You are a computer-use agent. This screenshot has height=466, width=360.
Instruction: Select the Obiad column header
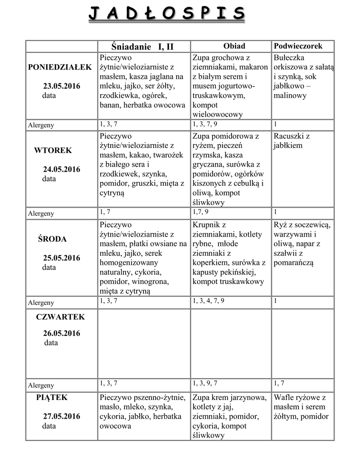click(234, 46)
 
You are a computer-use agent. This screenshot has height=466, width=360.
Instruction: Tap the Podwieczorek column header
click(298, 46)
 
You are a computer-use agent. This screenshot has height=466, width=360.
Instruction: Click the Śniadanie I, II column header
click(142, 46)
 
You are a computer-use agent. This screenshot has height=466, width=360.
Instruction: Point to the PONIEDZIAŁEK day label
click(60, 67)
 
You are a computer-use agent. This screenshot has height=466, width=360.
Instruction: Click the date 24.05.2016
click(61, 169)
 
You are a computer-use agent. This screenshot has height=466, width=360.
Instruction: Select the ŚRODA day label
click(52, 239)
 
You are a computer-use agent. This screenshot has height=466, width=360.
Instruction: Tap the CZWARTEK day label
click(61, 317)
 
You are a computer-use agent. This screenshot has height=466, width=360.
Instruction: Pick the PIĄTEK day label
click(52, 397)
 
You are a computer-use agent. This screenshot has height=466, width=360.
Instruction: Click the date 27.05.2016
click(61, 416)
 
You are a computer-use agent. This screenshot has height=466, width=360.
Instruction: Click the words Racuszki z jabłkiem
click(292, 141)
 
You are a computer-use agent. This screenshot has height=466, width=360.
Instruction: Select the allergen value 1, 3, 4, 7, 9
click(208, 301)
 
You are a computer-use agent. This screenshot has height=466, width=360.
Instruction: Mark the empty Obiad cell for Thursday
click(230, 344)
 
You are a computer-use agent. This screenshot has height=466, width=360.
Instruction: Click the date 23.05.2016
click(61, 86)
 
